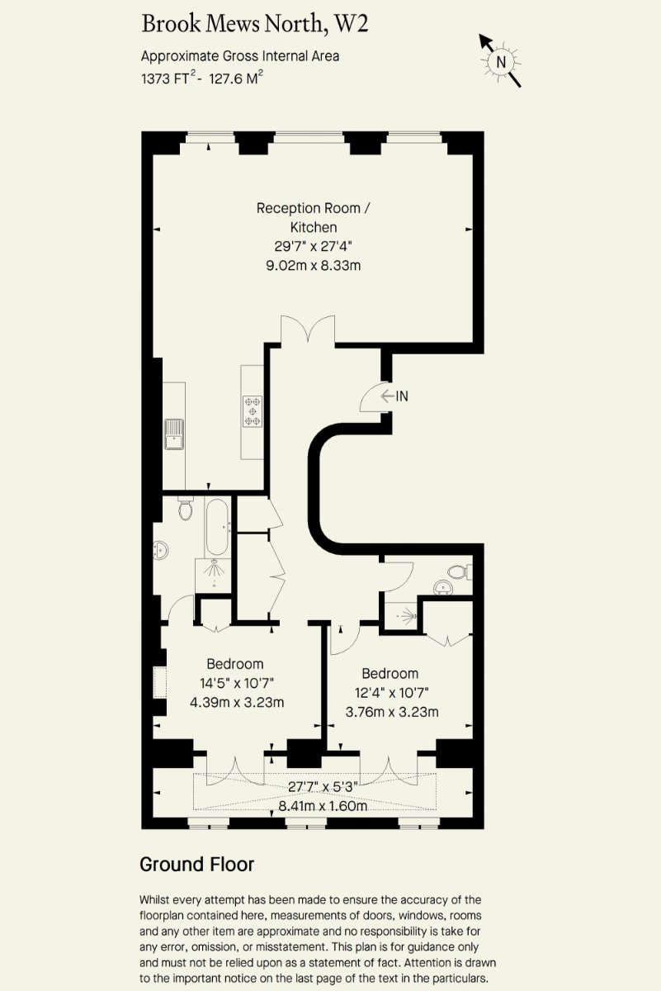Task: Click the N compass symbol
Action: [x=501, y=61]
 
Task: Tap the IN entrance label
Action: [x=402, y=396]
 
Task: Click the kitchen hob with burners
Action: [x=253, y=411]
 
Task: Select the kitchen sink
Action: [x=174, y=434]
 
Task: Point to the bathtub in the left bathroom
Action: [x=217, y=527]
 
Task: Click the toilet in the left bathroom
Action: [x=186, y=508]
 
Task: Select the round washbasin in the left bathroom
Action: [x=160, y=550]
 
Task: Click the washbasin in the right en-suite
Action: [x=443, y=586]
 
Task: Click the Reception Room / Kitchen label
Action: [x=314, y=218]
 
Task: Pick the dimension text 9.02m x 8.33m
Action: [x=314, y=265]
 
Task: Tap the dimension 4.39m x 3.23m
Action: [x=237, y=702]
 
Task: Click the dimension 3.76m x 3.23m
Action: [x=392, y=712]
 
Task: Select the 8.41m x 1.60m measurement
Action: [x=323, y=806]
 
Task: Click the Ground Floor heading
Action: [x=197, y=864]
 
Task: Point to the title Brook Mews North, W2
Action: [x=255, y=24]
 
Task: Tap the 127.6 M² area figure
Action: [x=236, y=78]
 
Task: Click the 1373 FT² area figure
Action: [x=168, y=78]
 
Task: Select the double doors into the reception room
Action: [x=308, y=329]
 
